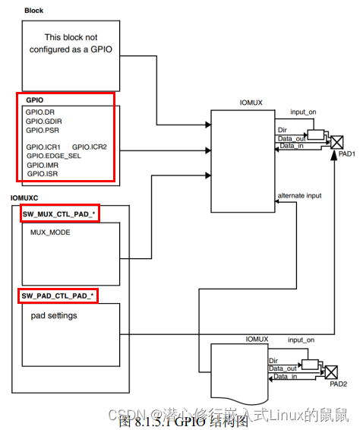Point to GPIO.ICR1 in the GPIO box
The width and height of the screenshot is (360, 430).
coord(43,147)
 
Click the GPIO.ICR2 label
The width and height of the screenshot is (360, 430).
coord(90,147)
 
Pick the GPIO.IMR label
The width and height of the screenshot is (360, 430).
coord(43,165)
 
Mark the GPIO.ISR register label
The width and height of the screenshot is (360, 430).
coord(43,174)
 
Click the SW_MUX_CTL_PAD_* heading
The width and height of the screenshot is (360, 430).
coord(58,215)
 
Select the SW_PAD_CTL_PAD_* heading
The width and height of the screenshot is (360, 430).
coord(58,295)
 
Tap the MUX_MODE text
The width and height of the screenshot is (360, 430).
coord(50,232)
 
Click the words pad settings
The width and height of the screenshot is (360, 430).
coord(54,314)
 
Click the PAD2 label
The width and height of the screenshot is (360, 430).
coord(339,384)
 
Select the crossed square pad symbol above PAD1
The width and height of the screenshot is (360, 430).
coord(338,141)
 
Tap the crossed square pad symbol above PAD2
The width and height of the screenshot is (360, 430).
coord(330,372)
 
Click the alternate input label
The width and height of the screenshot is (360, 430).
coord(299,195)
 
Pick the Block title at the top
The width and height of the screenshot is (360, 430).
coord(33,11)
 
